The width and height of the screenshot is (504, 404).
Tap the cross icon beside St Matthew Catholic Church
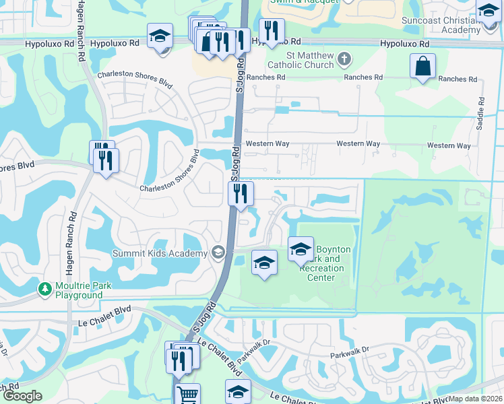click(344, 58)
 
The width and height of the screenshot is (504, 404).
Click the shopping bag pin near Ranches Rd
click(422, 67)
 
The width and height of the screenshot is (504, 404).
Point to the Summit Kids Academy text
click(160, 253)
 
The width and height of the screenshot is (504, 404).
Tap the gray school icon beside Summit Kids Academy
click(218, 252)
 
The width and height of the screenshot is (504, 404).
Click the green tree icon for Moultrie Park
click(45, 288)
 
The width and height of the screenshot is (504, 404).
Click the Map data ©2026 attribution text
click(475, 399)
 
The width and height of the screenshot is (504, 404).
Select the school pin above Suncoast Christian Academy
click(488, 11)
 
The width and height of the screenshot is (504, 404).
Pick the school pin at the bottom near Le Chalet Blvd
click(238, 392)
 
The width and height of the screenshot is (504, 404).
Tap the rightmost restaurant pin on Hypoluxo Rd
click(272, 30)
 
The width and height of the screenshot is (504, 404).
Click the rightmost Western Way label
click(449, 145)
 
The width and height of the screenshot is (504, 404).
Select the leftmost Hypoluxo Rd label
click(49, 43)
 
